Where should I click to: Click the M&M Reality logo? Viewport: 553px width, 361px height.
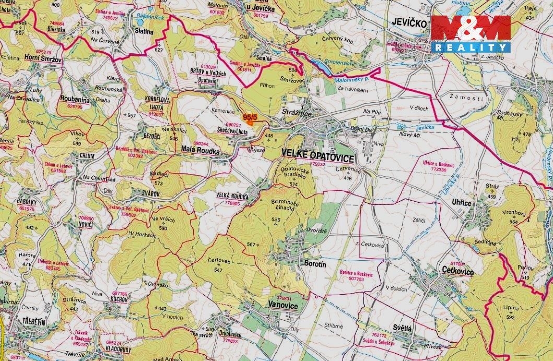[470, 33]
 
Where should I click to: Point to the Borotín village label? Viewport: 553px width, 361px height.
[315, 264]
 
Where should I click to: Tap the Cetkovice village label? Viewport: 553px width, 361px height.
[457, 272]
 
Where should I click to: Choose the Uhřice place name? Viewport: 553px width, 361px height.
[461, 203]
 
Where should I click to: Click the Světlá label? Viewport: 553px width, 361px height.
[403, 328]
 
